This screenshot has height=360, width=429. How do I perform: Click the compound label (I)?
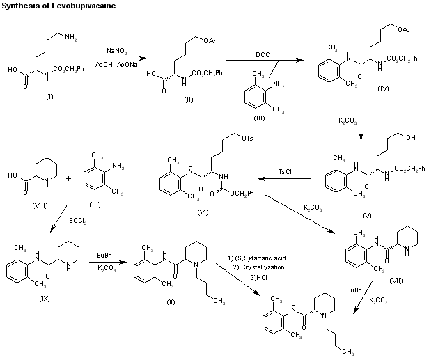49,95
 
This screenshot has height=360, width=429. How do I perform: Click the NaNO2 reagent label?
116,51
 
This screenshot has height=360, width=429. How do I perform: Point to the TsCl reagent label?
285,171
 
